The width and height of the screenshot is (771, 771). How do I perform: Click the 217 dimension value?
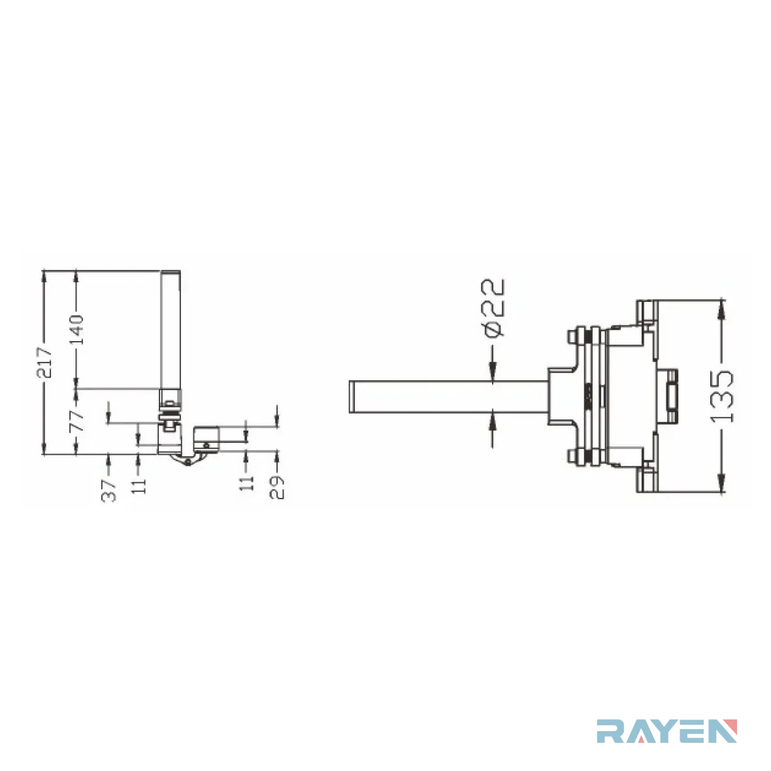point(44,363)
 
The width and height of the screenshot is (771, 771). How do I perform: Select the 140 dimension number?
point(76,330)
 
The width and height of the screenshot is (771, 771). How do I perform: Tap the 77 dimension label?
point(76,419)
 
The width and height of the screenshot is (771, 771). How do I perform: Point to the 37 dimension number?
point(108,490)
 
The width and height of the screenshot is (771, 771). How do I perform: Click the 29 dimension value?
point(277,487)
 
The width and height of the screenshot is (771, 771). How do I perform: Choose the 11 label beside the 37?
point(139,484)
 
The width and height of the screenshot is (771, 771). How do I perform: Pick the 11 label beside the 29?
point(246,482)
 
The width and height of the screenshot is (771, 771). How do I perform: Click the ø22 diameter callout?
point(493,308)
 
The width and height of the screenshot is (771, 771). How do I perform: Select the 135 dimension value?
point(722,397)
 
